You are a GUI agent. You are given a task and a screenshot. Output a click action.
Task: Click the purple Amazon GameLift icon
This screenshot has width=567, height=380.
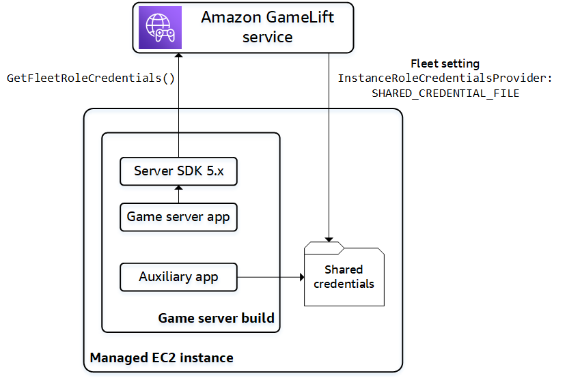[x=161, y=27]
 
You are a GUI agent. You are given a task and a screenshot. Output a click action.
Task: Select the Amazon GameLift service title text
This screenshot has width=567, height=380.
[x=267, y=27]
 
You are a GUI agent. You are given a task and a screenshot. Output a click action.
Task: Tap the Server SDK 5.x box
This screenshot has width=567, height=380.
[x=178, y=171]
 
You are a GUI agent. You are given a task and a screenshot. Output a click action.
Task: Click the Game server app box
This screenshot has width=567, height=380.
[x=178, y=217]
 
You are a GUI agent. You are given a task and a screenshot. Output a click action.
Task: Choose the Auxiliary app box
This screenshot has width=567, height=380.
[x=178, y=277]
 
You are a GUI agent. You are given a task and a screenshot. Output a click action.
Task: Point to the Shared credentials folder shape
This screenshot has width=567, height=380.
[x=344, y=276]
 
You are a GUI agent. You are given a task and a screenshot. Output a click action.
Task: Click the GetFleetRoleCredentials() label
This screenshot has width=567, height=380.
[x=91, y=78]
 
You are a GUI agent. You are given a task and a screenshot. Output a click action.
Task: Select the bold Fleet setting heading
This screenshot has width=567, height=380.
[x=445, y=64]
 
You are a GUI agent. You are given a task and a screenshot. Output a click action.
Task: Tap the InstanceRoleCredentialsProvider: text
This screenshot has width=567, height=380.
[x=445, y=78]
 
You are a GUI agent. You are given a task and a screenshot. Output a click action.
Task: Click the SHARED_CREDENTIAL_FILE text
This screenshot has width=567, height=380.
[x=445, y=93]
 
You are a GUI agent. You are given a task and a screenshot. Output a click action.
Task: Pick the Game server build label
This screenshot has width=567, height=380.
[x=216, y=318]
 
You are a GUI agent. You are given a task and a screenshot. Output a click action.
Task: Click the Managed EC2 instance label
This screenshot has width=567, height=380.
[x=161, y=357]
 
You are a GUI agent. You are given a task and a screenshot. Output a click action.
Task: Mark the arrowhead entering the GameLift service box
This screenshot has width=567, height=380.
[x=178, y=56]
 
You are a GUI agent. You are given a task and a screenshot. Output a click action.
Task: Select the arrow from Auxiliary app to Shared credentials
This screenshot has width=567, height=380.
[x=270, y=277]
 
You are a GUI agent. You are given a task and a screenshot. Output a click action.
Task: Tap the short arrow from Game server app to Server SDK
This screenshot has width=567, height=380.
[x=178, y=194]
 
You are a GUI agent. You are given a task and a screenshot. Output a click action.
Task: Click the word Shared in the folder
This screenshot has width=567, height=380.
[x=344, y=269]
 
